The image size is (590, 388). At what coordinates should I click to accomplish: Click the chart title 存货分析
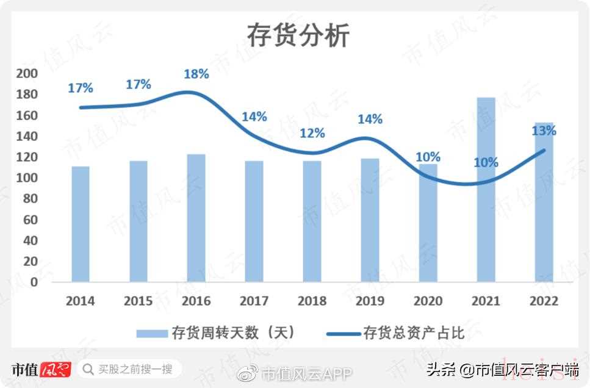coord(298,35)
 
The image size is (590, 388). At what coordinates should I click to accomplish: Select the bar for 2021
coord(486,189)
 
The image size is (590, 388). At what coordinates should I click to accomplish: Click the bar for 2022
coord(544,201)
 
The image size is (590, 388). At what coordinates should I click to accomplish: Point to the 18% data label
coord(196,74)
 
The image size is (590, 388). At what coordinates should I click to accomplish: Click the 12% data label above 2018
coord(312,133)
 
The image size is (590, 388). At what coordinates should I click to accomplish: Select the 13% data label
coord(544,131)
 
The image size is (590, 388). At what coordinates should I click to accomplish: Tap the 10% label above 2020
coord(428,157)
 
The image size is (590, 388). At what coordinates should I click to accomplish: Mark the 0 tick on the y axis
coord(34,282)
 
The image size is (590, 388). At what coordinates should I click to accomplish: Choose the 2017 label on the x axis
coord(254,301)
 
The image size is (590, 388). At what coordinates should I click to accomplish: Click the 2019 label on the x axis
coord(370,301)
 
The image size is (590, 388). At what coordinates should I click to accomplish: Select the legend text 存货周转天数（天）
coord(234,332)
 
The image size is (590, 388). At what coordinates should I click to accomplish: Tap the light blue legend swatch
coord(152,333)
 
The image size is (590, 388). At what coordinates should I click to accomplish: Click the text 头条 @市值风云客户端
coord(502,369)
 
